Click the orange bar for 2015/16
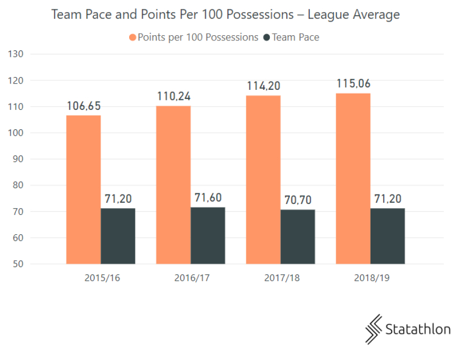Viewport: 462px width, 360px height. (x=83, y=189)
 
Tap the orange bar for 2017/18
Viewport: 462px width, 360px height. (x=263, y=179)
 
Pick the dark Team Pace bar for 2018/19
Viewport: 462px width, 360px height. (x=387, y=236)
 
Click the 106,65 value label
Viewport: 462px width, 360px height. (x=83, y=107)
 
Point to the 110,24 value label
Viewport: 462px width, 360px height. (x=173, y=97)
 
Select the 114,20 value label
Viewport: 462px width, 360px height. (x=263, y=86)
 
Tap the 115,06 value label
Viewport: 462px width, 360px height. (x=353, y=84)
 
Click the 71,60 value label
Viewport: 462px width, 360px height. (x=208, y=198)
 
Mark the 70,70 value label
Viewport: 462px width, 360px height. (x=298, y=200)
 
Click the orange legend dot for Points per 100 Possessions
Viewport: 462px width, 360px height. (x=132, y=38)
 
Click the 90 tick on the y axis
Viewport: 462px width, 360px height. (x=17, y=159)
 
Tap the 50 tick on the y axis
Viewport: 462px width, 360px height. (x=17, y=264)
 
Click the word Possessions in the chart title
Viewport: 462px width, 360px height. (x=261, y=15)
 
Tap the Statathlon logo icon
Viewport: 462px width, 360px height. (x=374, y=329)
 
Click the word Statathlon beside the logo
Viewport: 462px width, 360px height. (x=418, y=330)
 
